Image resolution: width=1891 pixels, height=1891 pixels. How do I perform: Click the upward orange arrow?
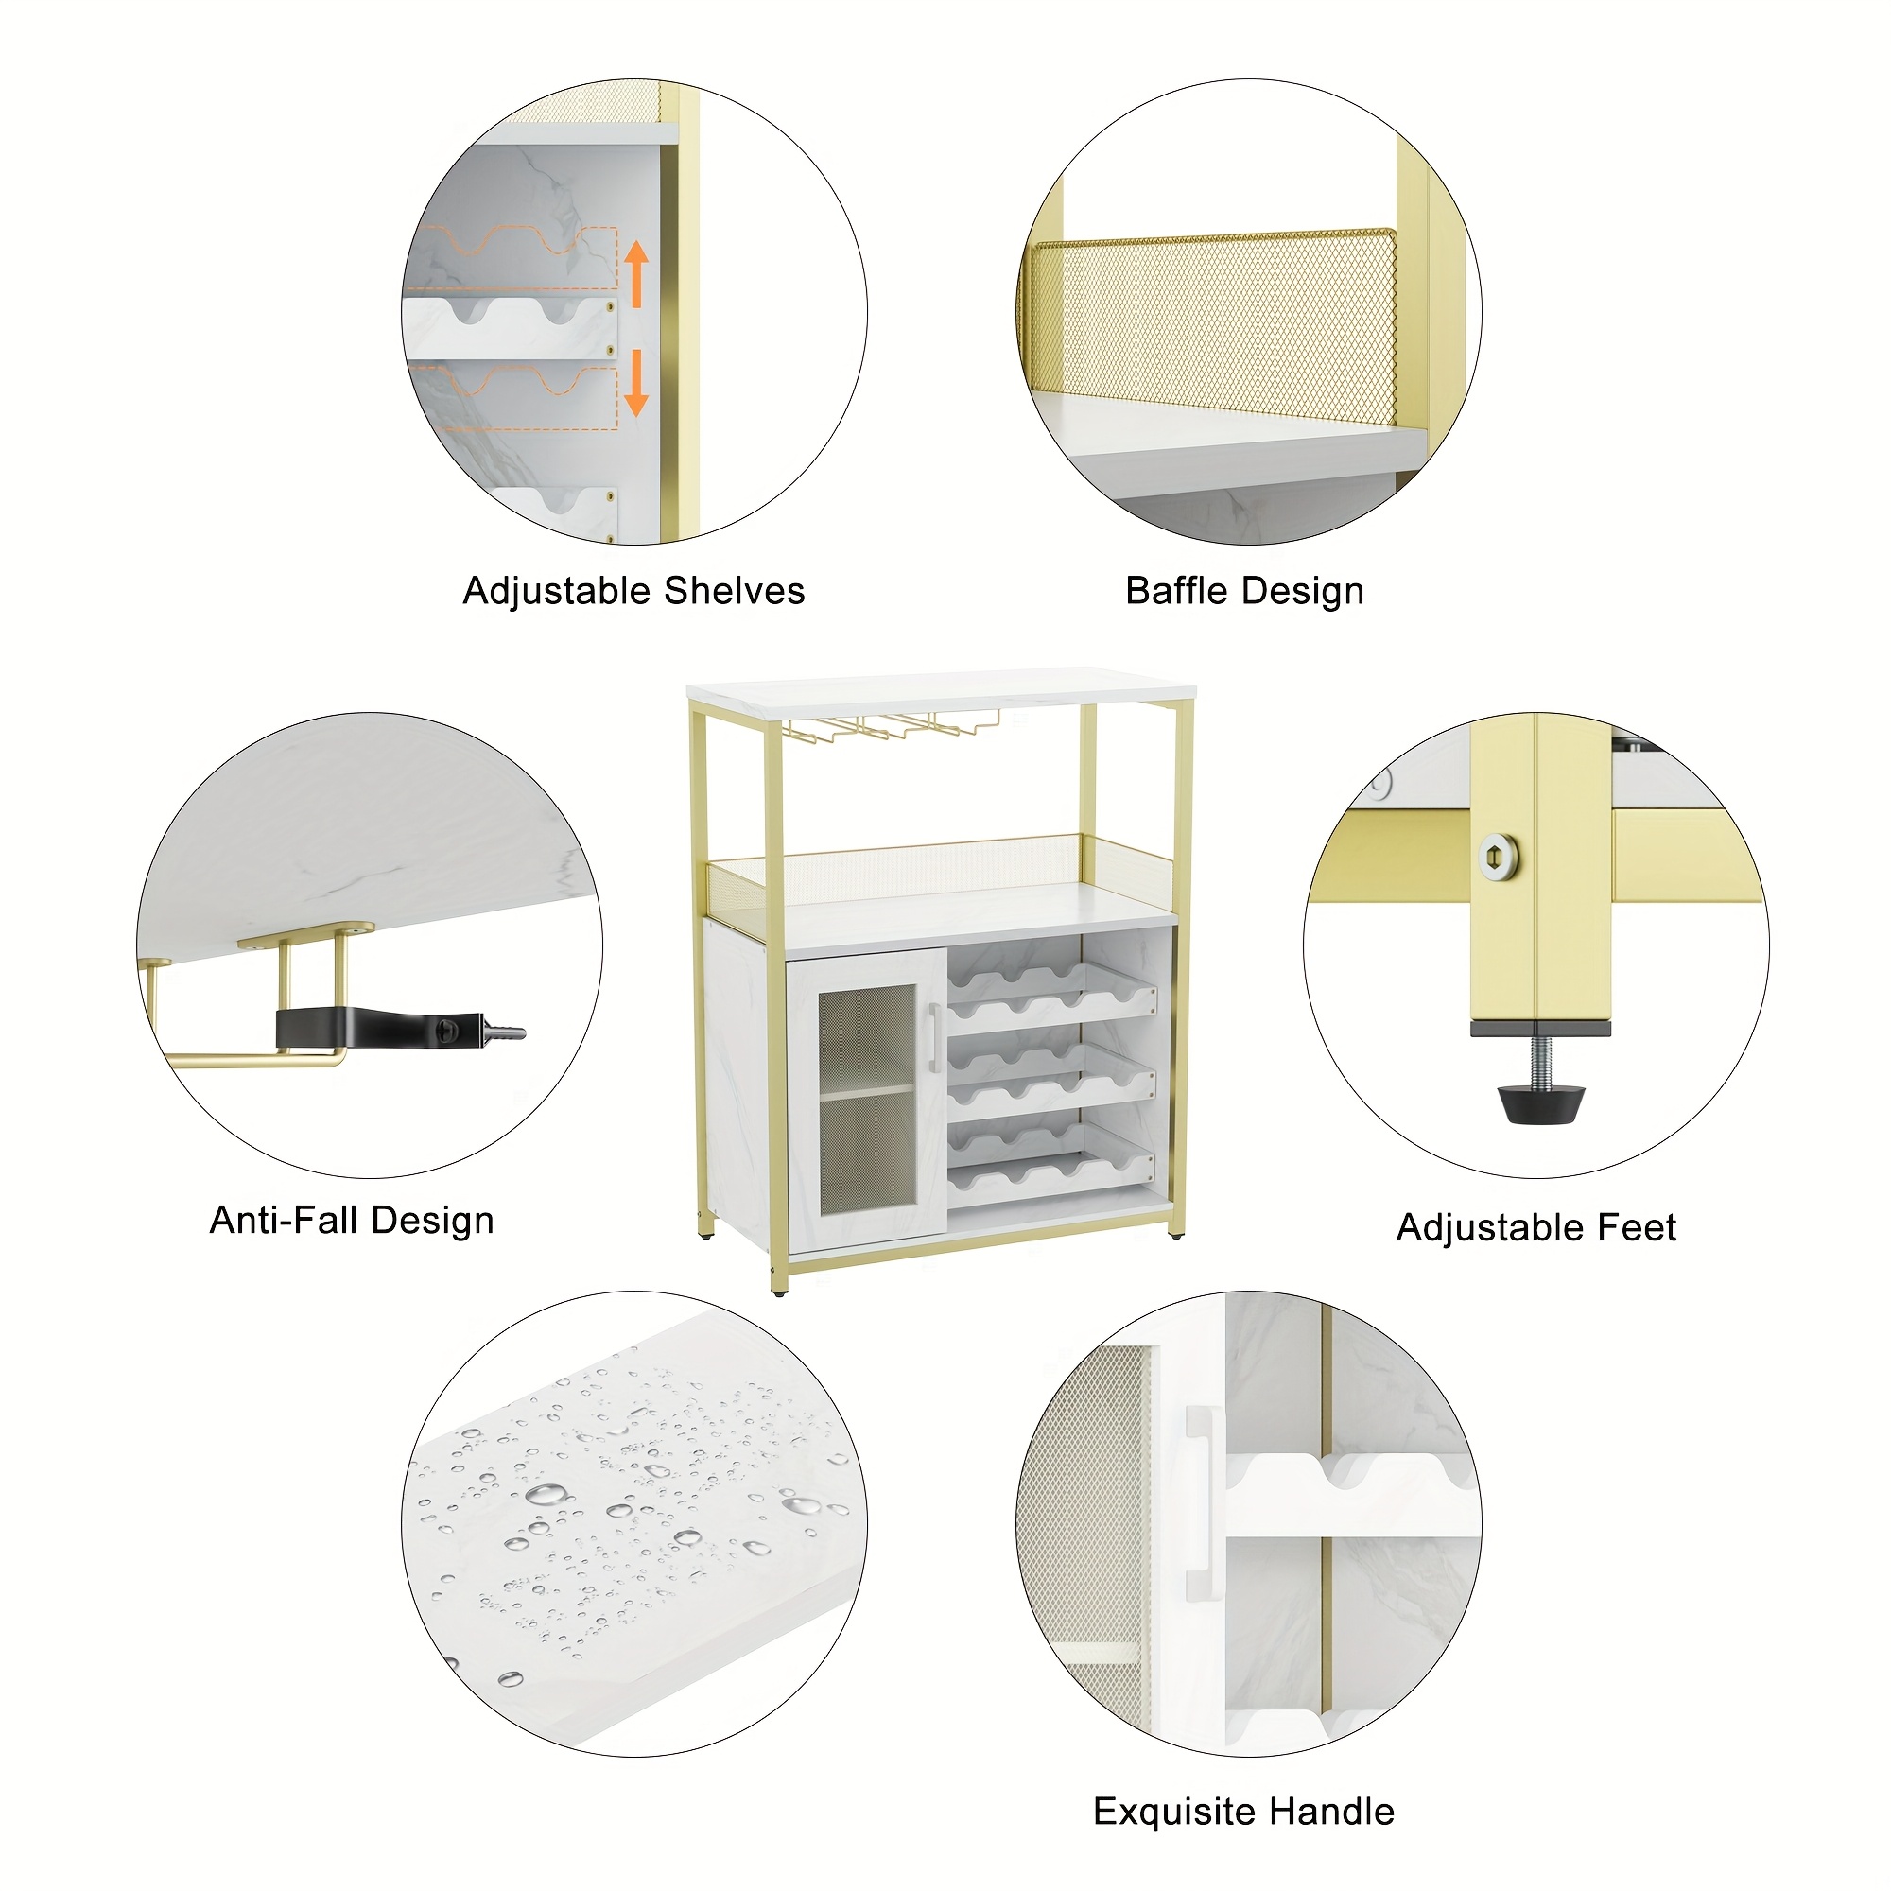click(636, 273)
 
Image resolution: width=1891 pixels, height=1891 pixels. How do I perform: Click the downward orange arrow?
click(636, 383)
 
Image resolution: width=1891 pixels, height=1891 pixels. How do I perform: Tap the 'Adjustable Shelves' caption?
click(633, 591)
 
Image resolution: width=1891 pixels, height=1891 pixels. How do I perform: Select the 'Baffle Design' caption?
click(1244, 591)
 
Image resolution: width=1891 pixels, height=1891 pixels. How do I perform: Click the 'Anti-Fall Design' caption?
click(352, 1221)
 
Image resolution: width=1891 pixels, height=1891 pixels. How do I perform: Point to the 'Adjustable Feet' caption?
click(1535, 1227)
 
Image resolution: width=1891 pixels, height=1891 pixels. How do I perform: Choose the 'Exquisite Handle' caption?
click(1243, 1812)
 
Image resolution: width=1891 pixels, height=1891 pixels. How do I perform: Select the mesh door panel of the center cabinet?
click(867, 1101)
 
